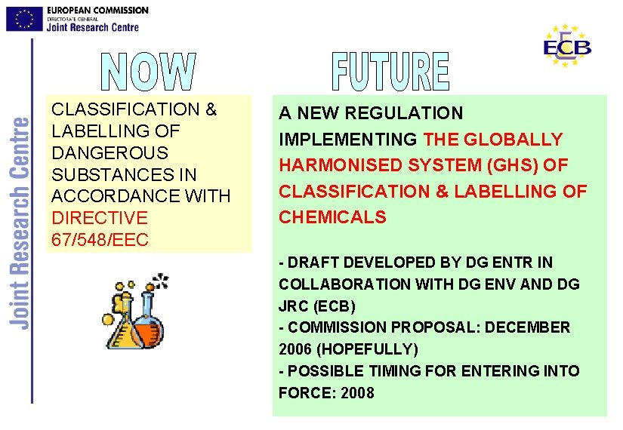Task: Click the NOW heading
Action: pos(149,72)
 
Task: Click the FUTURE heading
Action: pos(390,72)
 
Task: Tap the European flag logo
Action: pos(24,18)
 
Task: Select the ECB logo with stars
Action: pos(567,46)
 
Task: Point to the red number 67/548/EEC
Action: pos(100,240)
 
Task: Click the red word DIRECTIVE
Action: pos(99,218)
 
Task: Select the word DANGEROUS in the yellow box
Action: pos(109,153)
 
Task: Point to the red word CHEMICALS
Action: pos(332,217)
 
